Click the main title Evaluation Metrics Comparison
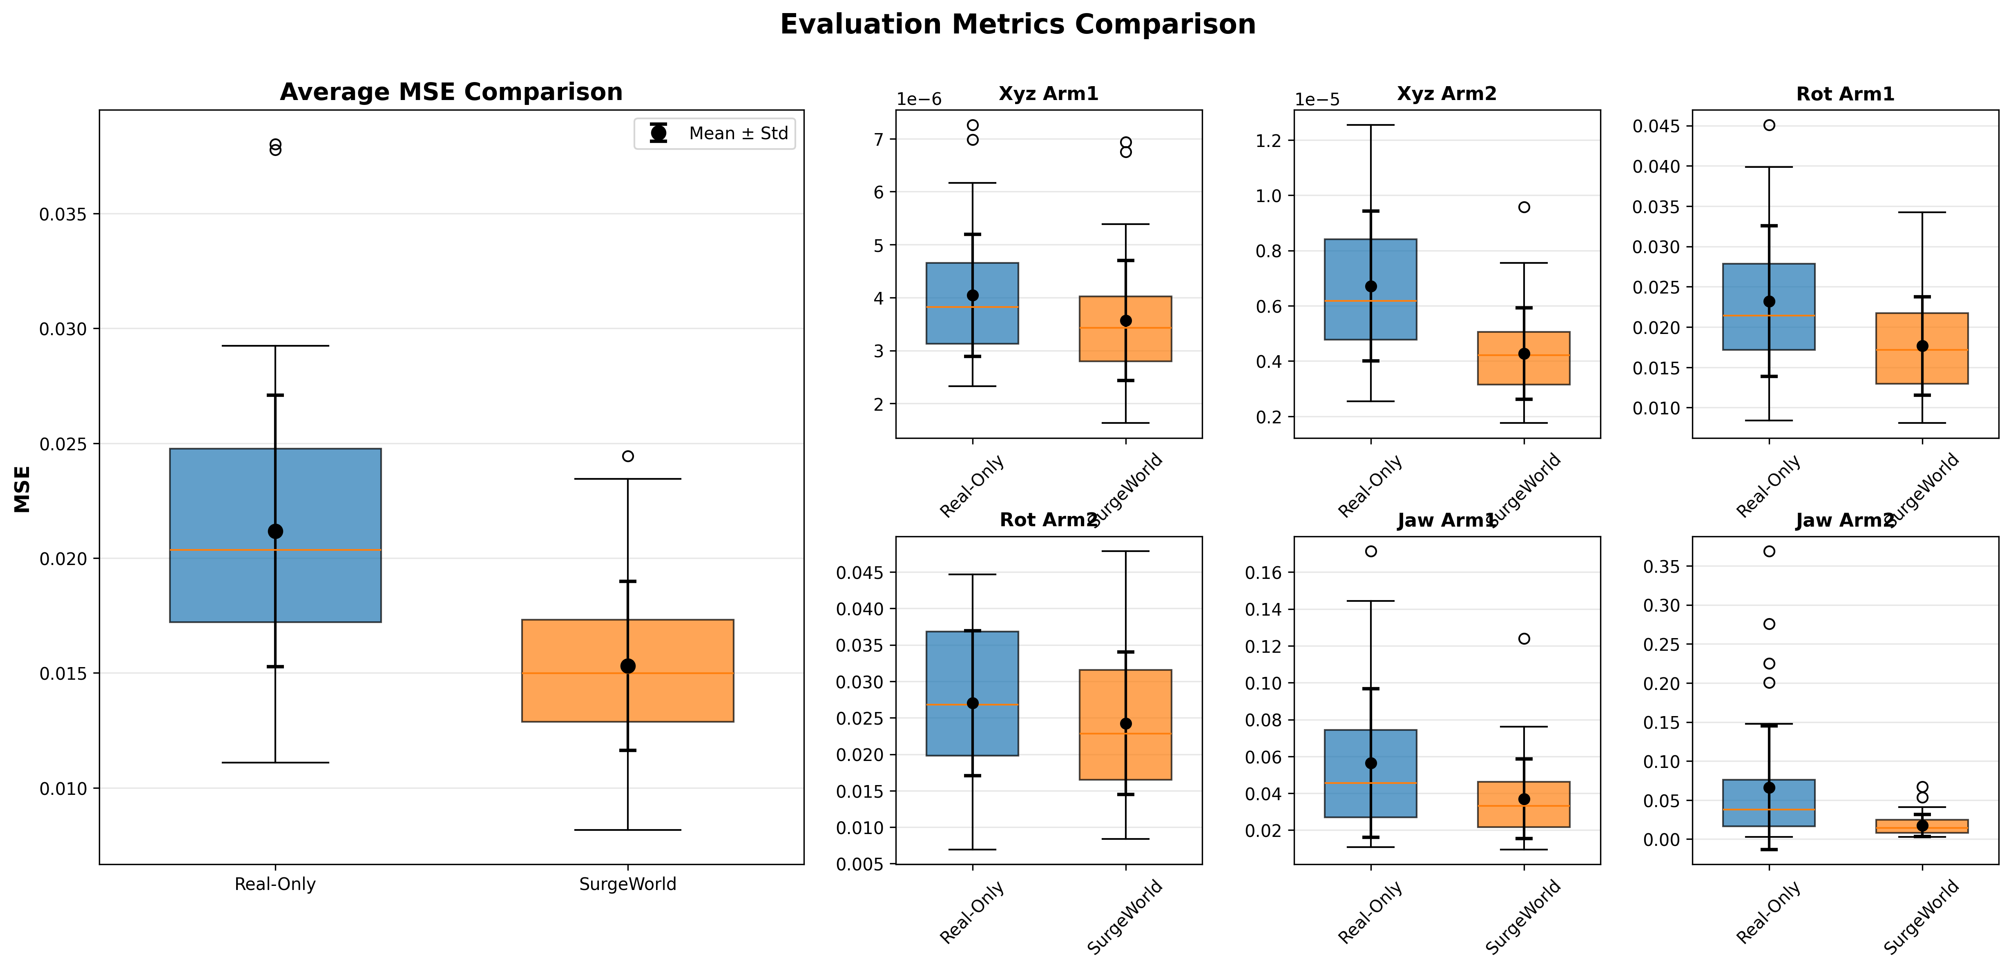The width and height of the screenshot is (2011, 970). pos(1017,24)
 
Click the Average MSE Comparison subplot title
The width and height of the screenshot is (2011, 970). pos(451,92)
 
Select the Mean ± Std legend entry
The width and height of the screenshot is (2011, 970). pos(714,133)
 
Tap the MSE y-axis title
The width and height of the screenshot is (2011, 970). pos(22,489)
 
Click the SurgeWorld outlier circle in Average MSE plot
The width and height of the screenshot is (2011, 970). pos(628,456)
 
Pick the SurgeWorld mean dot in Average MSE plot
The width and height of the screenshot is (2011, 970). pos(628,666)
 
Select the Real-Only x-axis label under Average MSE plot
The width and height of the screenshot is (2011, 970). pos(275,884)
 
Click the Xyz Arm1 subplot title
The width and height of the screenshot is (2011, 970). pos(1049,93)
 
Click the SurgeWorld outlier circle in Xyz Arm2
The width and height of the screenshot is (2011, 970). pos(1524,207)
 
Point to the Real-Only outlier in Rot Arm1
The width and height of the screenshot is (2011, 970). pos(1769,125)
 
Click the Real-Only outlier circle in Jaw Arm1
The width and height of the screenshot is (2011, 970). pos(1371,552)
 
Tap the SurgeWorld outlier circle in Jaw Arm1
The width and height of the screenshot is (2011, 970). pos(1524,639)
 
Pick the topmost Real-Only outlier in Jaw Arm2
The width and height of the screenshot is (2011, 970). pos(1769,552)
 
